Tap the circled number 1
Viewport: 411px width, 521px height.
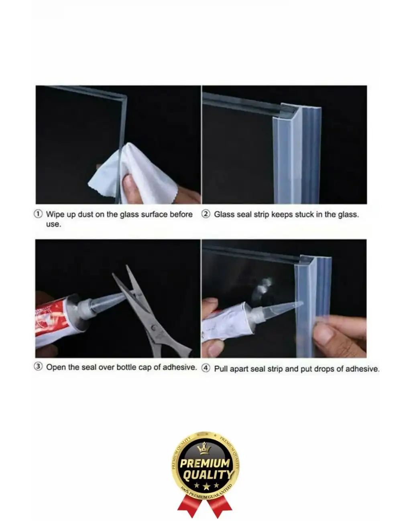(x=38, y=214)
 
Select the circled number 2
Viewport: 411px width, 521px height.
(x=205, y=214)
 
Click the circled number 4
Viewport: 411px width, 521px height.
(x=205, y=368)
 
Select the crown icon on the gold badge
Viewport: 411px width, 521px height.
(x=205, y=448)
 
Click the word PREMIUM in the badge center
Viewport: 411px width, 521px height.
(x=205, y=464)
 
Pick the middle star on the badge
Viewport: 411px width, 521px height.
(x=206, y=486)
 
